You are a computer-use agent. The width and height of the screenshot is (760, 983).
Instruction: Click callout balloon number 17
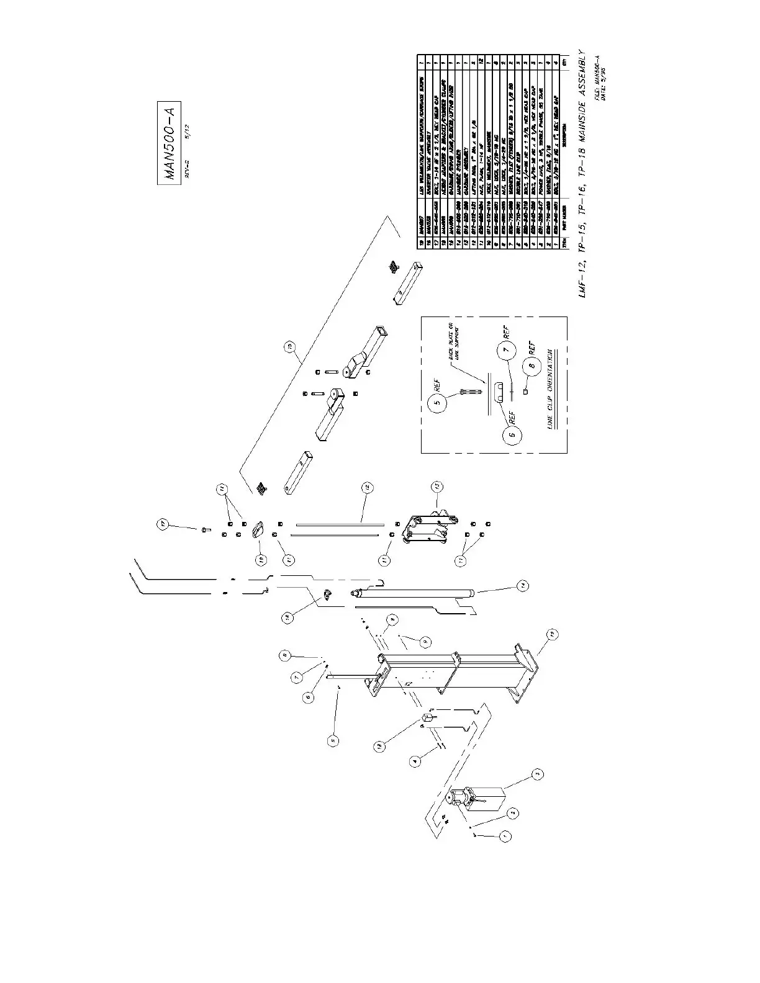click(163, 526)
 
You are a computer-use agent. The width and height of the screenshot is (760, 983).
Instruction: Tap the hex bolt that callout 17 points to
click(205, 529)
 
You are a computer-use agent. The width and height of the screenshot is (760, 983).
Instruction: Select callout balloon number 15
click(290, 348)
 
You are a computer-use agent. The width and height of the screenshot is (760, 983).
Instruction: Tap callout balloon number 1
click(504, 837)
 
